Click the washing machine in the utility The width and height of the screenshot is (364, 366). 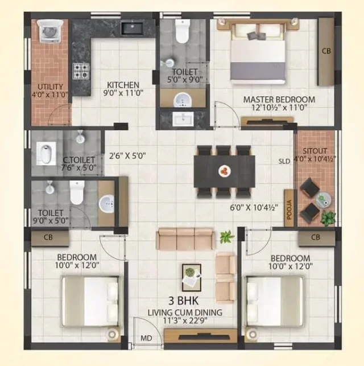click(x=50, y=31)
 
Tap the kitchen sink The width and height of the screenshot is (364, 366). click(x=132, y=28)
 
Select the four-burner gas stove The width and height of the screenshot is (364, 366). click(x=81, y=71)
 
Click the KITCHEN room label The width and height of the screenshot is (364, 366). click(x=123, y=85)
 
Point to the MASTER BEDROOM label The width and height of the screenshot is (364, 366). click(x=279, y=100)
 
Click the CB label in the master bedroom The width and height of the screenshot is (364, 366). click(x=326, y=51)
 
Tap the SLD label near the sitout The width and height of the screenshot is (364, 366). click(x=284, y=161)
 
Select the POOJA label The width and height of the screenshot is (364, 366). click(x=289, y=209)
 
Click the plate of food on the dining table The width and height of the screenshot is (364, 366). click(x=225, y=171)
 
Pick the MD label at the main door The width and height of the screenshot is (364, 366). click(x=146, y=338)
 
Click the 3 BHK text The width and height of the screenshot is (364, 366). click(x=183, y=301)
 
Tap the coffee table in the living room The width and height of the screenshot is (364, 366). click(x=192, y=278)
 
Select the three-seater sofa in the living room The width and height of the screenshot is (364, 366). click(x=185, y=238)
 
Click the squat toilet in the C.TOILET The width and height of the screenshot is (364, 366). click(x=46, y=153)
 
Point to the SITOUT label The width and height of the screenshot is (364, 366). click(x=315, y=151)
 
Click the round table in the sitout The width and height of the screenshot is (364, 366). click(x=323, y=200)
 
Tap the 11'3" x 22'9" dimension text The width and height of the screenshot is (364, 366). click(x=185, y=320)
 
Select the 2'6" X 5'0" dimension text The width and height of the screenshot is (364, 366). click(x=127, y=155)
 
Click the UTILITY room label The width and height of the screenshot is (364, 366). click(x=50, y=87)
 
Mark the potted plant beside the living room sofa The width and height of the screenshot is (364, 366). click(x=227, y=237)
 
